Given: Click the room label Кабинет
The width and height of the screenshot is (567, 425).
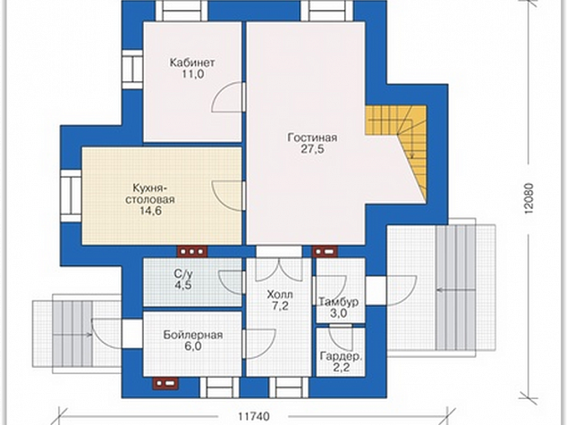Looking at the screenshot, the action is point(192,62).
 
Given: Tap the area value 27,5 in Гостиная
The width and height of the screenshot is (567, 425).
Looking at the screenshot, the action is point(312,149).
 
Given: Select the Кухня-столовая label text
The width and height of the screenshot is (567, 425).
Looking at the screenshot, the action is point(149,194).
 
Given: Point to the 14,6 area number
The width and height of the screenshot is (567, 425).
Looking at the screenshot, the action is point(150,211).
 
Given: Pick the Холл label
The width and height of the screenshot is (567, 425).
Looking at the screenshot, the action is point(280,295).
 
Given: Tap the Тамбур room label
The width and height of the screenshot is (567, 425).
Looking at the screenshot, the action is point(338,302).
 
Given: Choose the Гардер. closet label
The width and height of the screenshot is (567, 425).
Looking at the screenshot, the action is point(341,357).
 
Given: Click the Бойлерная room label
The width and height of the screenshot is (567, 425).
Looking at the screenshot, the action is point(193,335).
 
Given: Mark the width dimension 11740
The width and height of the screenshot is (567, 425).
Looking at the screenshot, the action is point(254,416).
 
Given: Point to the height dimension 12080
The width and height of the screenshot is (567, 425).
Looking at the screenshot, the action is point(529,199).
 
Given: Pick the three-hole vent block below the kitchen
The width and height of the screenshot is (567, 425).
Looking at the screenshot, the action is point(191,251).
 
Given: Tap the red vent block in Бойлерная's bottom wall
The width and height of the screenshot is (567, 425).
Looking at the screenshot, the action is point(165,384).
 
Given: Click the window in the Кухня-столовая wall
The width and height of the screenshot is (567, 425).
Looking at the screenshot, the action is point(71,196).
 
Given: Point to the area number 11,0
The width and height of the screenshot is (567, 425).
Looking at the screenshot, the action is point(192,74).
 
